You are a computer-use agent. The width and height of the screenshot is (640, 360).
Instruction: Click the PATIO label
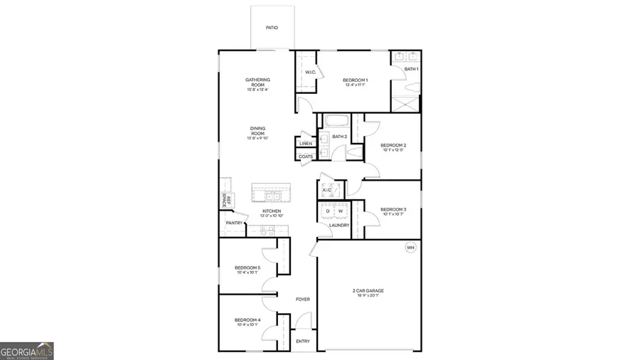click(x=272, y=28)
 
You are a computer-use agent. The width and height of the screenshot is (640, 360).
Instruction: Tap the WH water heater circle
click(x=410, y=248)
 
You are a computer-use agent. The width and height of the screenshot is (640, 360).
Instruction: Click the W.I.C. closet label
click(x=311, y=73)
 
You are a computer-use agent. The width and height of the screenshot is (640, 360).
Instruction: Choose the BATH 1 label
click(x=412, y=69)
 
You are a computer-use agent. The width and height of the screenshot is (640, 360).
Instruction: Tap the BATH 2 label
click(x=339, y=137)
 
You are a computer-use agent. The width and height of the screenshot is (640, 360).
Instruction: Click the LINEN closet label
click(x=306, y=144)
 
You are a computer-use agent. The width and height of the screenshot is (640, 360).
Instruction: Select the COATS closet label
click(x=306, y=157)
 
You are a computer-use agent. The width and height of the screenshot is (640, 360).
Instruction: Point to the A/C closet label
click(x=327, y=191)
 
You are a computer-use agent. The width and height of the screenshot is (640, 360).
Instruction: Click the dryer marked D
click(x=328, y=211)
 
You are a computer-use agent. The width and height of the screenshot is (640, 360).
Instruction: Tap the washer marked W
click(x=340, y=211)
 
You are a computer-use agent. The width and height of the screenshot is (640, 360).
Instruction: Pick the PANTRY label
click(x=234, y=223)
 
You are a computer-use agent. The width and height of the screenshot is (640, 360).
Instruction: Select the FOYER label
click(x=303, y=300)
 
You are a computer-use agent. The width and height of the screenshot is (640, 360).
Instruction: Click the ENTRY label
click(x=303, y=342)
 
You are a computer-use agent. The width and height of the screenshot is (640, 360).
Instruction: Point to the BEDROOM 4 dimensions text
click(x=247, y=325)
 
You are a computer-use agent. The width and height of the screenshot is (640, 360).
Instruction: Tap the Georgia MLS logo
click(x=27, y=351)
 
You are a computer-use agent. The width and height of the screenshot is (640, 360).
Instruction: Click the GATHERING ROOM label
click(x=257, y=82)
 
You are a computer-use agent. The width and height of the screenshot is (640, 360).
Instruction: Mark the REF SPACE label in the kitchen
click(x=224, y=200)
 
